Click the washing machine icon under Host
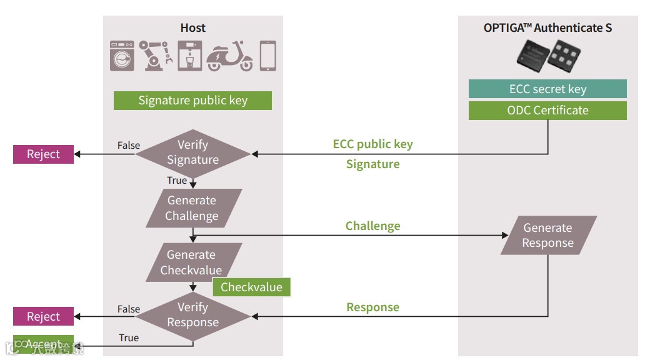click(x=122, y=56)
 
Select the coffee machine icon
click(x=189, y=56)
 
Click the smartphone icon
click(x=267, y=56)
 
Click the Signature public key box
click(x=192, y=101)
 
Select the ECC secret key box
click(x=547, y=89)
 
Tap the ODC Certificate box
click(x=547, y=111)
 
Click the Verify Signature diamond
click(x=192, y=152)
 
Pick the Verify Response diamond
click(x=192, y=315)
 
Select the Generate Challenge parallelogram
click(x=192, y=208)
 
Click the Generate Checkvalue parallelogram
click(x=192, y=262)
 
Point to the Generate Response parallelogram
click(x=548, y=235)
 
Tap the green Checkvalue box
click(x=251, y=287)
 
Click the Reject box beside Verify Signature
click(x=43, y=154)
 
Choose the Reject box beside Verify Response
click(x=43, y=317)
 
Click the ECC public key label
click(x=372, y=144)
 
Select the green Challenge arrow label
click(x=372, y=226)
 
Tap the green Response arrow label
click(x=372, y=307)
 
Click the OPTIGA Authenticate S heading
click(x=547, y=27)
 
